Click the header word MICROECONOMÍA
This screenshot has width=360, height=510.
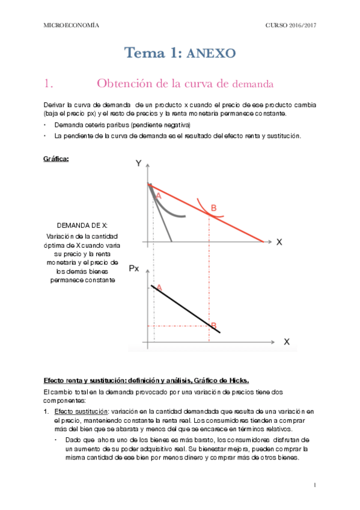(x=72, y=25)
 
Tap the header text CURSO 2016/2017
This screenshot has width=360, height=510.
(x=291, y=25)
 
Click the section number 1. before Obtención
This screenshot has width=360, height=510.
(x=50, y=82)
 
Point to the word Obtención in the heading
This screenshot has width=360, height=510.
(x=127, y=82)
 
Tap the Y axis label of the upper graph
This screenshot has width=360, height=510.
(x=138, y=164)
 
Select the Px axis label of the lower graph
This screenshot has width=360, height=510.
(x=135, y=268)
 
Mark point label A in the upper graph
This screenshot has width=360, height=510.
(x=159, y=196)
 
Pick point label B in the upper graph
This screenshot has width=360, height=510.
(x=213, y=208)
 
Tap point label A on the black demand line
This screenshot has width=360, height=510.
(x=159, y=288)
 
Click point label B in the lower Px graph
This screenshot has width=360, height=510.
(x=213, y=325)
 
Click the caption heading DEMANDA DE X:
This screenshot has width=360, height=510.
(x=83, y=225)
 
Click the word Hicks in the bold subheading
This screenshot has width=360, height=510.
(x=237, y=381)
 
